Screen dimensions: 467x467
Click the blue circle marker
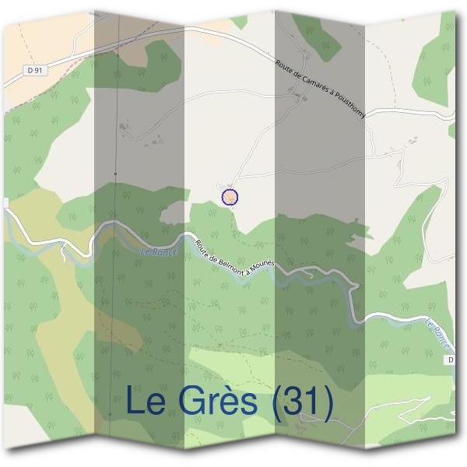230,197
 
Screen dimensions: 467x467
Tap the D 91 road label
33,71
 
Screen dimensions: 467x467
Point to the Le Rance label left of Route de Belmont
160,251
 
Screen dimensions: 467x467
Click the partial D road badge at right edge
451,360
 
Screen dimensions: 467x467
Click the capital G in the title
191,402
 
